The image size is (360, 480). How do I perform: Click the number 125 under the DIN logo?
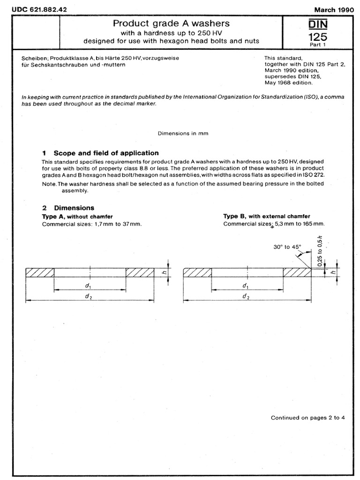[x=318, y=36]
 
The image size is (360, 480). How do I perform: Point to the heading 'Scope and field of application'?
[x=106, y=153]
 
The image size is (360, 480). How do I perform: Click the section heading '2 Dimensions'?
[x=68, y=208]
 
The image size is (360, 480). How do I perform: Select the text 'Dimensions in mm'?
[x=183, y=133]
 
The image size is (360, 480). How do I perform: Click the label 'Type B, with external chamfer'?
[x=266, y=216]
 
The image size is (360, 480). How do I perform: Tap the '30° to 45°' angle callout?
[x=288, y=246]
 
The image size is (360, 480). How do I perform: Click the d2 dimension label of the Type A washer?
[x=88, y=297]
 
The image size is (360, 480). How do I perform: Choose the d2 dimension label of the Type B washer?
[x=245, y=297]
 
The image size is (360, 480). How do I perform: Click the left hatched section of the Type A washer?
[x=40, y=272]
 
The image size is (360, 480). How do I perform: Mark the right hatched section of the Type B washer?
[x=296, y=272]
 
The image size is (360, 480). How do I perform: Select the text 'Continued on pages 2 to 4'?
[x=308, y=418]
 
